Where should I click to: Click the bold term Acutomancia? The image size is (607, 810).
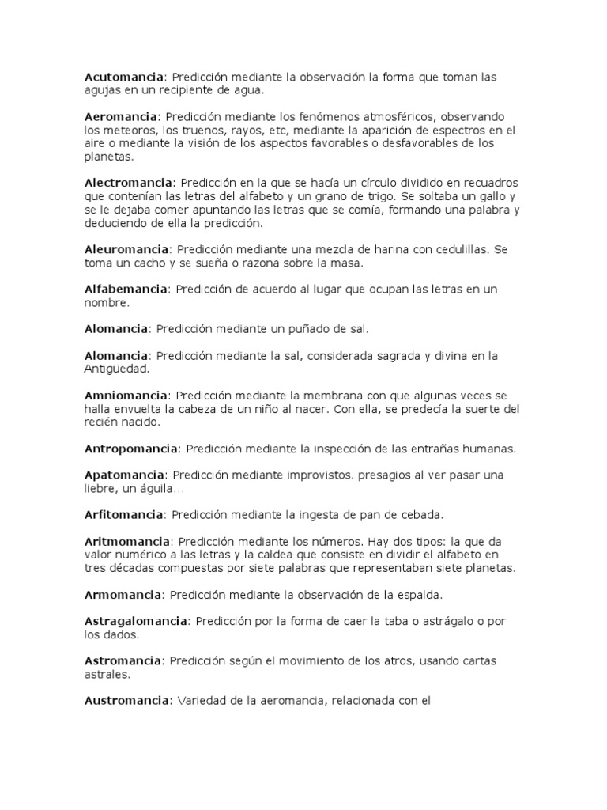pos(124,78)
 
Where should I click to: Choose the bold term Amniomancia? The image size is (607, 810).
pos(126,395)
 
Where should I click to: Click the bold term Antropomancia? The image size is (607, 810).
pos(131,449)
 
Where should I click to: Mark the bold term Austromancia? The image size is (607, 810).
pos(126,700)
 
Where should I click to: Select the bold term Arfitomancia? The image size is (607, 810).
pos(123,515)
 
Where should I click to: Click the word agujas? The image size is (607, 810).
pos(103,90)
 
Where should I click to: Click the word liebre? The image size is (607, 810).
pos(100,488)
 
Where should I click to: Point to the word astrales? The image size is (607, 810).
pos(106,674)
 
